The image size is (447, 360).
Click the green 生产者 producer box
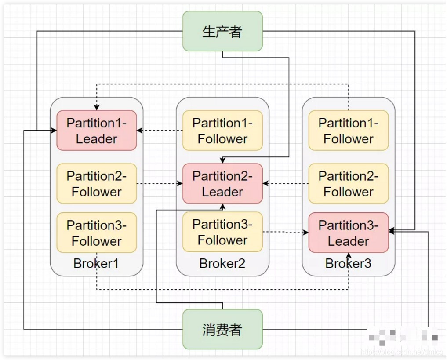click(x=222, y=31)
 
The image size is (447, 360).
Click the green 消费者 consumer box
click(x=222, y=329)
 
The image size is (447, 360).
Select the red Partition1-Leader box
click(x=96, y=131)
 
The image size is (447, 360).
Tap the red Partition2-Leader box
click(x=222, y=184)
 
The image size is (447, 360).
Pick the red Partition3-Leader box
click(x=349, y=233)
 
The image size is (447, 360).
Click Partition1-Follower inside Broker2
click(x=222, y=131)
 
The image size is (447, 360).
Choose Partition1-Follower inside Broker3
click(x=349, y=131)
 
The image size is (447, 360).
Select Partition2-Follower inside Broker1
click(x=96, y=184)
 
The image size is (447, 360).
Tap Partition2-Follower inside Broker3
click(x=349, y=184)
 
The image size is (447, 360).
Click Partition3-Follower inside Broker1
click(x=96, y=233)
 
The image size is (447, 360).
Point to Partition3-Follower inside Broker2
click(x=222, y=232)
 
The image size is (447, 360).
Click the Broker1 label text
click(x=96, y=264)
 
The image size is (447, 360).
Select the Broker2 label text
click(x=222, y=264)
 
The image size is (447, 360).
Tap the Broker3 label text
click(x=348, y=264)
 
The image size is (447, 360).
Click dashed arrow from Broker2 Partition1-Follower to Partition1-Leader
click(x=160, y=130)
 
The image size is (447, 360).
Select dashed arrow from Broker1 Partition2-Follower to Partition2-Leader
click(x=160, y=183)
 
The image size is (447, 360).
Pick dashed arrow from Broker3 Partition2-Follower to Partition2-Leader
click(x=286, y=183)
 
